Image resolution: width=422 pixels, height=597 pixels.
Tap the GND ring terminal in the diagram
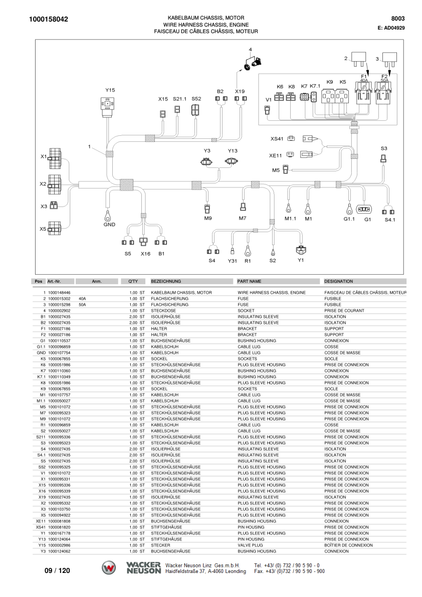[108, 216]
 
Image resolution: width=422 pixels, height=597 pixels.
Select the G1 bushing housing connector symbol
[364, 210]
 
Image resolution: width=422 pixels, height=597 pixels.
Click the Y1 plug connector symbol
[301, 250]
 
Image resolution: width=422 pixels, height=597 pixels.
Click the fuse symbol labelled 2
[359, 57]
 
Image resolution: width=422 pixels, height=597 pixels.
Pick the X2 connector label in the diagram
[43, 184]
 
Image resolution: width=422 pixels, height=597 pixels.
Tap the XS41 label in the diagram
[277, 139]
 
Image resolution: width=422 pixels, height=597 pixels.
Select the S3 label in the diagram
[383, 148]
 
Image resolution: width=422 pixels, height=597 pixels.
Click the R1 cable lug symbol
[248, 251]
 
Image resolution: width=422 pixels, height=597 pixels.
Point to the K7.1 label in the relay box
[315, 86]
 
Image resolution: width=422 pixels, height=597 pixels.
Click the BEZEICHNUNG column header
[166, 281]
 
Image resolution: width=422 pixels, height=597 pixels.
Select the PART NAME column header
[249, 281]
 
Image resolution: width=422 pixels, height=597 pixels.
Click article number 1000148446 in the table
[59, 293]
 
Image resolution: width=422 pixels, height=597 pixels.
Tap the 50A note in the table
[82, 305]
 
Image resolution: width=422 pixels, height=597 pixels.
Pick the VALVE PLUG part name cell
[251, 545]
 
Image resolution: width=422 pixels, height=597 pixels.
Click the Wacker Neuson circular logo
[109, 568]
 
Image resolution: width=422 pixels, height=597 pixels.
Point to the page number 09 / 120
[57, 570]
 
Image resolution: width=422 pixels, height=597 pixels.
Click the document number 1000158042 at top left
[48, 20]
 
